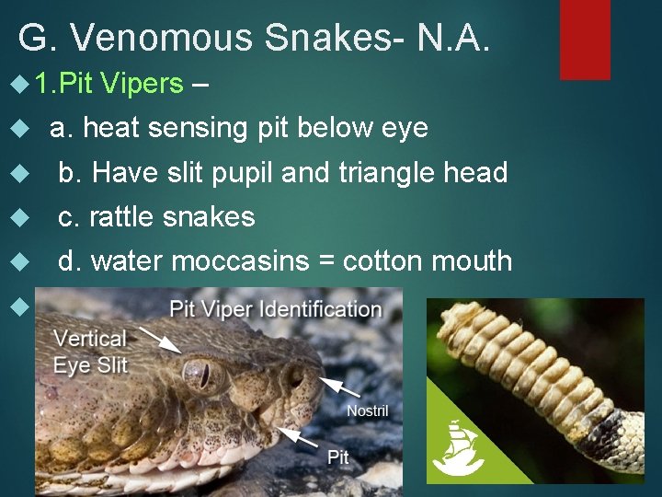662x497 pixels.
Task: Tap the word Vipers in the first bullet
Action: pyautogui.click(x=143, y=84)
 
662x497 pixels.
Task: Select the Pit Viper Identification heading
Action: pyautogui.click(x=276, y=309)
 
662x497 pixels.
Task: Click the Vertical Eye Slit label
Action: pyautogui.click(x=90, y=351)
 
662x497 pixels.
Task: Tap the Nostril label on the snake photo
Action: pyautogui.click(x=367, y=410)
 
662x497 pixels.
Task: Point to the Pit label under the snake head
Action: pyautogui.click(x=338, y=457)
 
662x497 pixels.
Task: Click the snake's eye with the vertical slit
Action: pyautogui.click(x=199, y=375)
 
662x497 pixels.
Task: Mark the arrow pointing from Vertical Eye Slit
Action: pyautogui.click(x=163, y=341)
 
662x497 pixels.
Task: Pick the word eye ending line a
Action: pyautogui.click(x=405, y=128)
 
